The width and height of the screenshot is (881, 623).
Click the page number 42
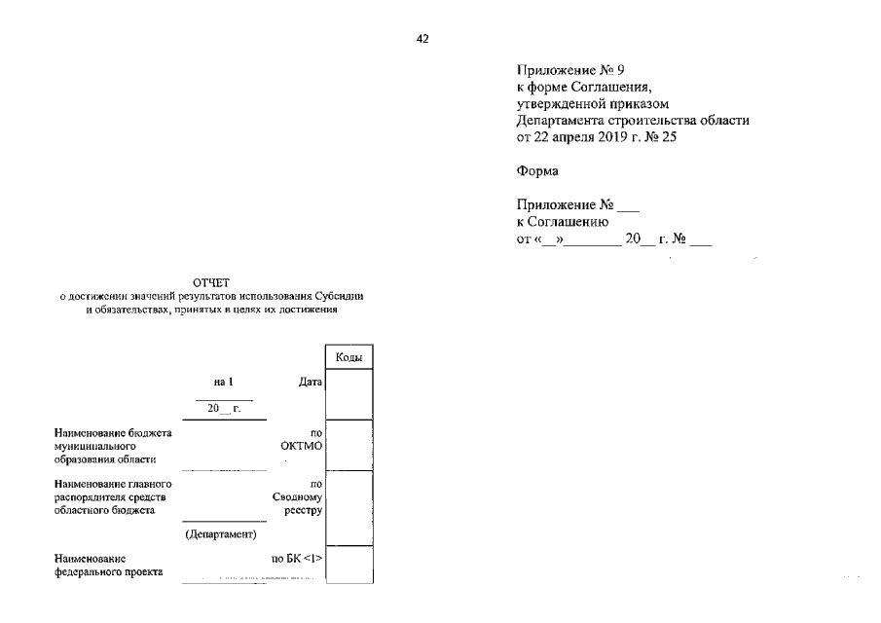[422, 39]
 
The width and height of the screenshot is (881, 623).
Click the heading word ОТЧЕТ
[211, 282]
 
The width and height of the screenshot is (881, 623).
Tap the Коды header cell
[349, 357]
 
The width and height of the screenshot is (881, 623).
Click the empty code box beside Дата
[349, 394]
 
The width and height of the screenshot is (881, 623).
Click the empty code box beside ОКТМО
[349, 444]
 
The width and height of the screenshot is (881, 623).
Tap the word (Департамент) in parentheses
[220, 534]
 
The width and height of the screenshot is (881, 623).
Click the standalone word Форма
[536, 171]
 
